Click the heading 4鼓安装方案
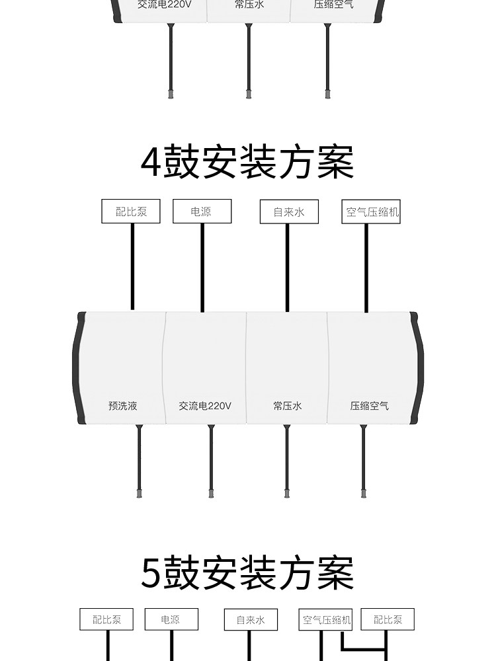point(247,162)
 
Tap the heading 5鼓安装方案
point(247,573)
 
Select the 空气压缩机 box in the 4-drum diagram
point(373,212)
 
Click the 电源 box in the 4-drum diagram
point(202,212)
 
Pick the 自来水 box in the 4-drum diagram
point(289,212)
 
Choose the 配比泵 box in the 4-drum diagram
point(131,212)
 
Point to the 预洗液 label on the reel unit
point(123,406)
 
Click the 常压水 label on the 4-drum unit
point(287,406)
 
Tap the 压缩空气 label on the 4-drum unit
point(369,406)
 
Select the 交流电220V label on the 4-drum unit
point(205,406)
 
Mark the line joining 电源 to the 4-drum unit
point(202,268)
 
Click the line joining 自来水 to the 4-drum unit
point(287,268)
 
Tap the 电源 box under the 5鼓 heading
point(171,619)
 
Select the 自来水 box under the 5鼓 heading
point(250,619)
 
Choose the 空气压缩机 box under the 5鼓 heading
point(326,620)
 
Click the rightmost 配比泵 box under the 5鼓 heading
point(388,619)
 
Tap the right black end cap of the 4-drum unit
point(417,368)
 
